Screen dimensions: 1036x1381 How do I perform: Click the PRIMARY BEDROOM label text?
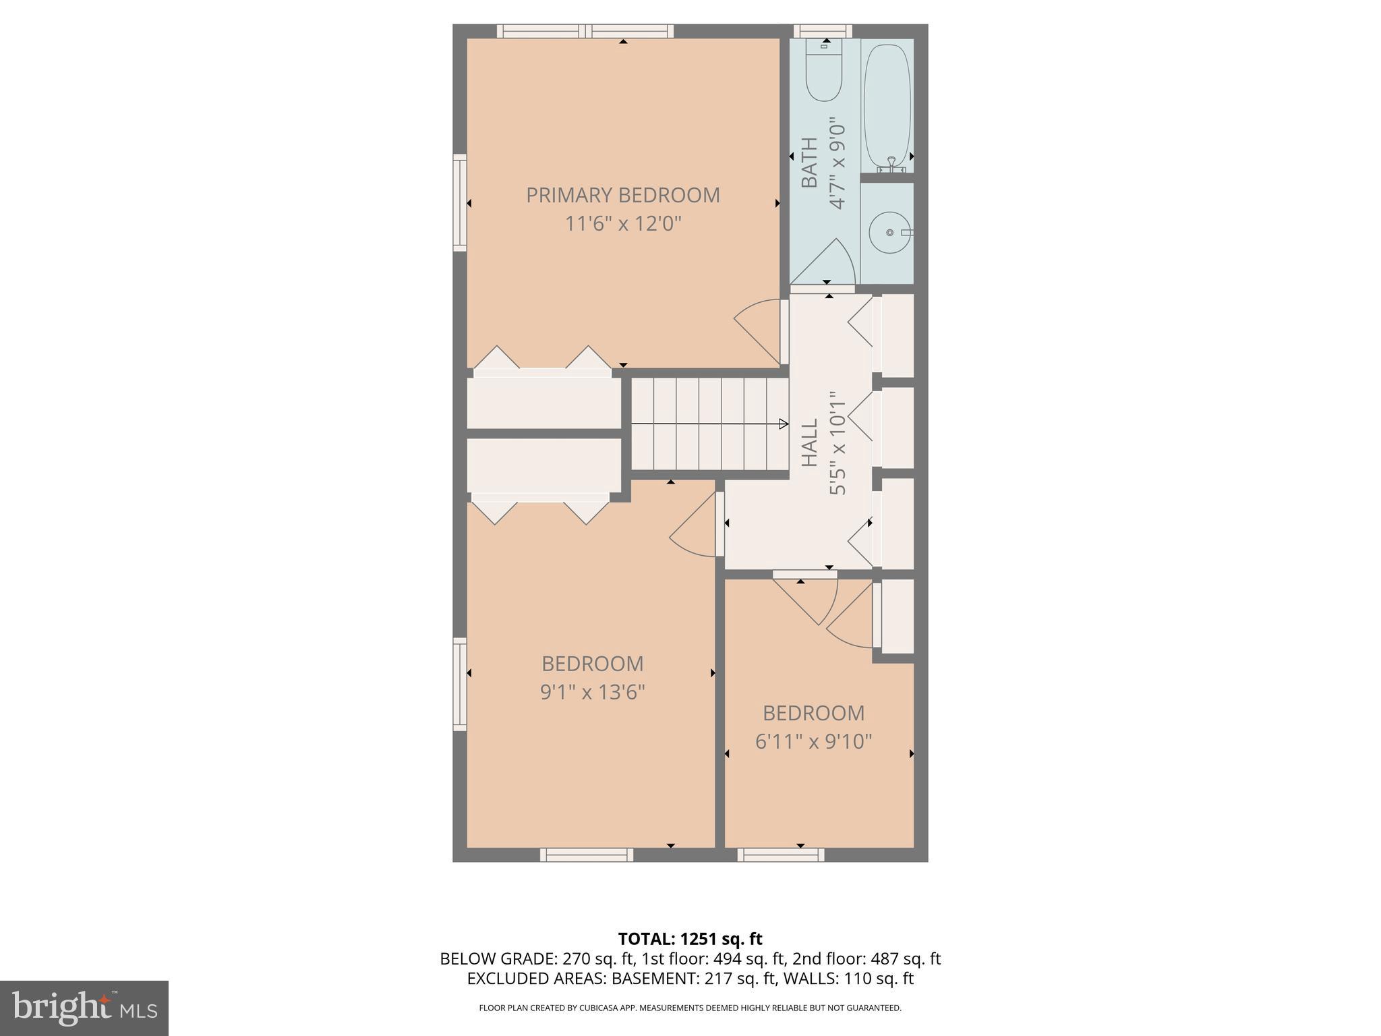(622, 195)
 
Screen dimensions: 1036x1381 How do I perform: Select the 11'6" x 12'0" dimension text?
(622, 223)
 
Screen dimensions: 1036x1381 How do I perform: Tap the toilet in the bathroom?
(824, 74)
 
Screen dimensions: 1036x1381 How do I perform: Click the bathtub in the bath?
(887, 105)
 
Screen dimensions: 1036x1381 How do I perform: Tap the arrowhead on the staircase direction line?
(784, 424)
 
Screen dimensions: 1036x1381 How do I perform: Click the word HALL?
(809, 442)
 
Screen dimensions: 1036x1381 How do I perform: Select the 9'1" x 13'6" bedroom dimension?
(592, 692)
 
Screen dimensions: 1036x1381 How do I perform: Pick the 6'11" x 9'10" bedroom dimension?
(813, 741)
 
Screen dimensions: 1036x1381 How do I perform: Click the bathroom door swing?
(827, 263)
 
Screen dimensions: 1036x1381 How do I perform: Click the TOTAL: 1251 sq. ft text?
(690, 938)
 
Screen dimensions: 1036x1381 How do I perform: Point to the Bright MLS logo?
(84, 1008)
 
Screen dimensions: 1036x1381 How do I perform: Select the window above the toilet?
(822, 31)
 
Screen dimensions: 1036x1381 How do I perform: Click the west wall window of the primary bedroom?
(460, 202)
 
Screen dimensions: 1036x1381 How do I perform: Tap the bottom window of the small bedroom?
(780, 855)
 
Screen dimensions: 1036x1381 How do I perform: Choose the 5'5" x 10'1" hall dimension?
(837, 442)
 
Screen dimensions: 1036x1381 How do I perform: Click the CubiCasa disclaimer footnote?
(690, 1008)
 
